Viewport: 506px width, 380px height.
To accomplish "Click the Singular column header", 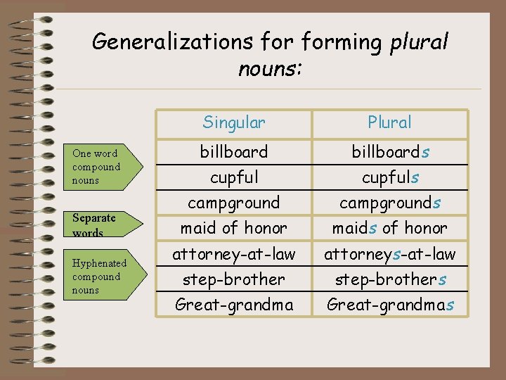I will click(x=234, y=122).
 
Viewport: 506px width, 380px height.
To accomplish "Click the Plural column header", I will click(x=389, y=122).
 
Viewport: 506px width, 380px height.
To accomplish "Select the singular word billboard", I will click(x=234, y=152).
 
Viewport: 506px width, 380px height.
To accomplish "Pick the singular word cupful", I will click(x=234, y=177).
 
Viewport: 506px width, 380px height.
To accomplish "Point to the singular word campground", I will click(x=234, y=203).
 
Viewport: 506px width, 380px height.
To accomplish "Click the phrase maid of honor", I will click(x=234, y=228).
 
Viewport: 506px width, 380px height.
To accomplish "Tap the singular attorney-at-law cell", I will click(x=234, y=253).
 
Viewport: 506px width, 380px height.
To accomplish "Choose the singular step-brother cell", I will click(x=234, y=279).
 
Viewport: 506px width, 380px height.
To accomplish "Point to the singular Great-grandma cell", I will click(x=234, y=304).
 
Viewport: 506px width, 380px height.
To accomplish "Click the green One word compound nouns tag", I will click(x=98, y=167).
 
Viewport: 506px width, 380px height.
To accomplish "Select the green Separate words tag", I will click(x=98, y=224).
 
